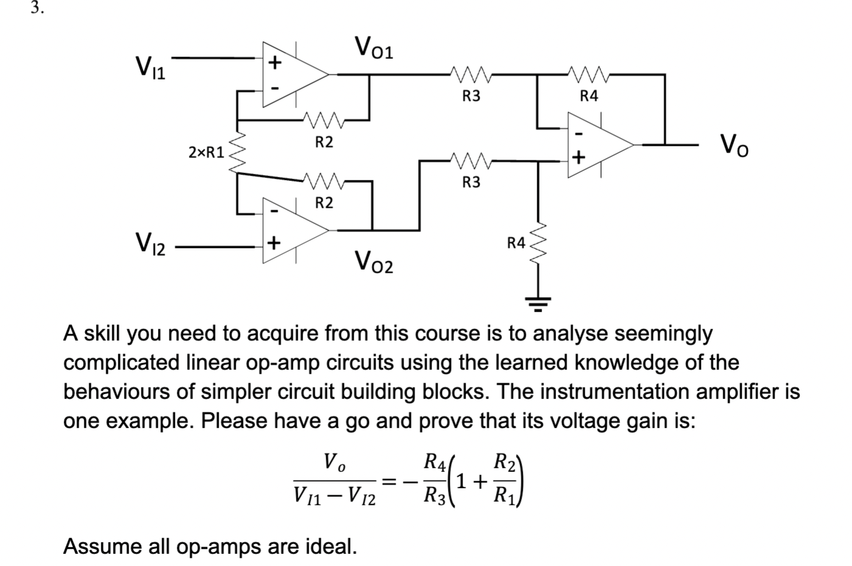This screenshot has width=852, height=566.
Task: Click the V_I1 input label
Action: (151, 67)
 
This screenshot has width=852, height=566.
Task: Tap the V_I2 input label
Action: (151, 244)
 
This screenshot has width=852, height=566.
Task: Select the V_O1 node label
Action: (374, 47)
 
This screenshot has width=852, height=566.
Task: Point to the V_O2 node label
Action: (374, 262)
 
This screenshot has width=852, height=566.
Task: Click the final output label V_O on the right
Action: (734, 145)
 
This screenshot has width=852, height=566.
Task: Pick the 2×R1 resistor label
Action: (206, 152)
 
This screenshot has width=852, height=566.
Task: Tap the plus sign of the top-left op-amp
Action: (275, 63)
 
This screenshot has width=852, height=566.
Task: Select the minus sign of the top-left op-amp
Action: (275, 89)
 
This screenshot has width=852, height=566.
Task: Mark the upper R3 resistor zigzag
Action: (471, 74)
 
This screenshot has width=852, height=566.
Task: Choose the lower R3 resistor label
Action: (471, 182)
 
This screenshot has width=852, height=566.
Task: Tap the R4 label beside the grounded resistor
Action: (516, 242)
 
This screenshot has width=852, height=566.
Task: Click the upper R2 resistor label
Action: (324, 142)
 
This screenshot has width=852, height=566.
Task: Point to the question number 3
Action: (37, 8)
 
